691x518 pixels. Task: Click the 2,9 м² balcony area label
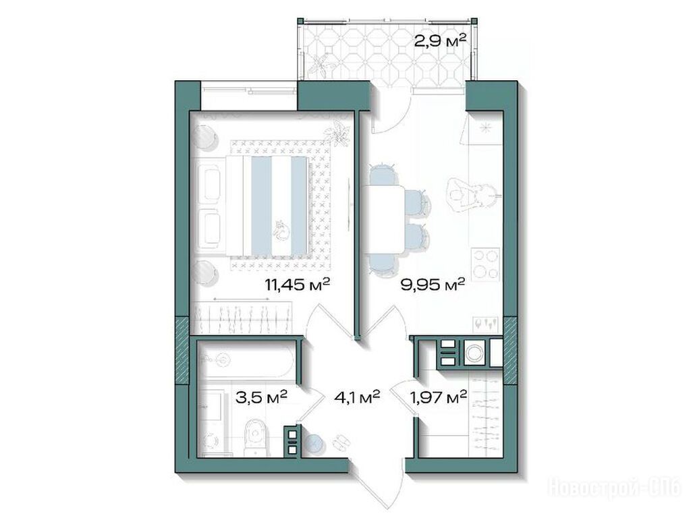coord(439,41)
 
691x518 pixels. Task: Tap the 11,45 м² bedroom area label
coord(297,285)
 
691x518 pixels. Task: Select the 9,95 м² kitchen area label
coord(433,285)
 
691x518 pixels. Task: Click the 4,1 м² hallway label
coord(357,397)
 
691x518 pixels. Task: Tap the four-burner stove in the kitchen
coord(486,264)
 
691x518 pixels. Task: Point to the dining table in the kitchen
coord(383,221)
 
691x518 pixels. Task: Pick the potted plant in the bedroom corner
coord(337,132)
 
